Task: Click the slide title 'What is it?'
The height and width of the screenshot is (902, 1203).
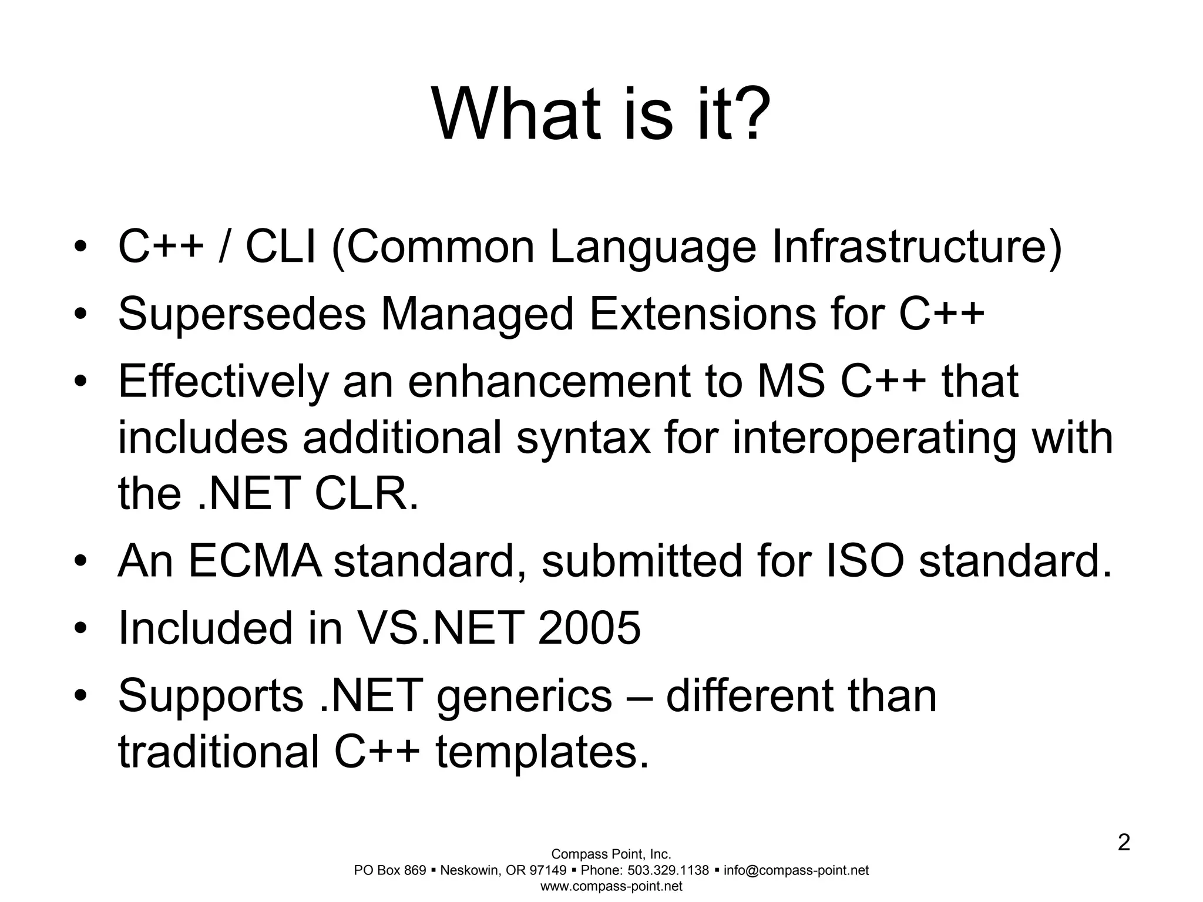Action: (601, 114)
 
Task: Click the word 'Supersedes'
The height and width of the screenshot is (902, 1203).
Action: (241, 314)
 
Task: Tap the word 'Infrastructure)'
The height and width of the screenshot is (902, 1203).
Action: (917, 247)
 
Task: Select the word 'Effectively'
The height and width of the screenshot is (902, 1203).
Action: (223, 382)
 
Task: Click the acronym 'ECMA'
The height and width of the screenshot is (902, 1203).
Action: (254, 561)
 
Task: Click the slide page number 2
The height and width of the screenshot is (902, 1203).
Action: (1123, 844)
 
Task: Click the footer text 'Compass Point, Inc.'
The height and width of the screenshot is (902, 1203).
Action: (611, 854)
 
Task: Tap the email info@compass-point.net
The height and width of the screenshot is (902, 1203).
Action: (796, 870)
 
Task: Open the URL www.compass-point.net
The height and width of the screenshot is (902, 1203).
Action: (611, 887)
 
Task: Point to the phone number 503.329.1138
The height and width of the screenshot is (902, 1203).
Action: (668, 870)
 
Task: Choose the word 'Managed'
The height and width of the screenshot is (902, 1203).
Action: (476, 314)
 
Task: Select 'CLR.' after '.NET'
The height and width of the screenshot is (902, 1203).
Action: (367, 493)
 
